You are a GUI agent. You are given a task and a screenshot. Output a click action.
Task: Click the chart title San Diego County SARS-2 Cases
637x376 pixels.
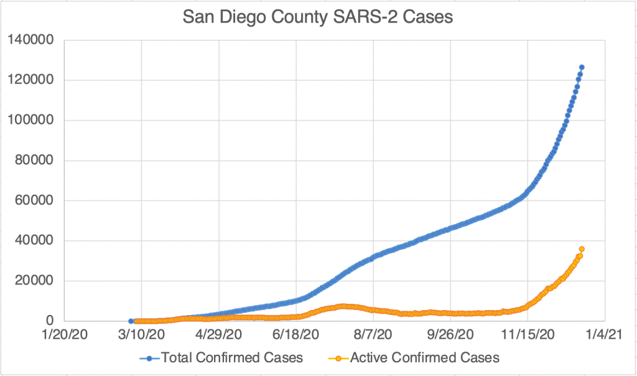[318, 17]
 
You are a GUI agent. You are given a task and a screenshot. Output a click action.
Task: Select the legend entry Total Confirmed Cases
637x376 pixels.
[231, 358]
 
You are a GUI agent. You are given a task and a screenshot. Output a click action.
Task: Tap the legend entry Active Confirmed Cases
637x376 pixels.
[424, 358]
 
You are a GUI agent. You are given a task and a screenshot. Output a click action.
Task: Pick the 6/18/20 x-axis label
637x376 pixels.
[295, 334]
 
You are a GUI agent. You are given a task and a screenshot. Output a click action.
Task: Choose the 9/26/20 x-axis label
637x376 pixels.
[450, 334]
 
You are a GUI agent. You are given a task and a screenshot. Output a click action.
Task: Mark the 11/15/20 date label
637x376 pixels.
[527, 334]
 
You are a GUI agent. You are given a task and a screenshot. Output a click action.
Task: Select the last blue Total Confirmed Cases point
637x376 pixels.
[582, 67]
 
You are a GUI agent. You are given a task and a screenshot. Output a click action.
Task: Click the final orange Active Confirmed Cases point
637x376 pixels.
[582, 249]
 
